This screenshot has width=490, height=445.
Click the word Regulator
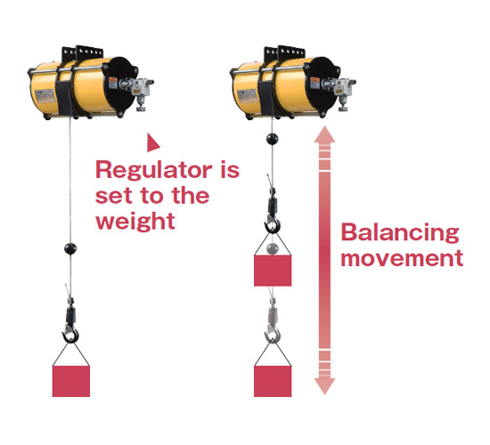pyautogui.click(x=154, y=171)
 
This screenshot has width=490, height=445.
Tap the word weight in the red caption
pyautogui.click(x=135, y=221)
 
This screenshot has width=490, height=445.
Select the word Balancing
pyautogui.click(x=400, y=233)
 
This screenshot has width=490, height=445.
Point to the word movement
pyautogui.click(x=402, y=258)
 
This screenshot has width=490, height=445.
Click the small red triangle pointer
pyautogui.click(x=153, y=142)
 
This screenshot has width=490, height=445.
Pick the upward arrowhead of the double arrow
pyautogui.click(x=324, y=134)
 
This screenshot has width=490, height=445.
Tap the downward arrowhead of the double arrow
pyautogui.click(x=324, y=386)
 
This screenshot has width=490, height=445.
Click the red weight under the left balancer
pyautogui.click(x=71, y=381)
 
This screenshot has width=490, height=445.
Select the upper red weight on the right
pyautogui.click(x=273, y=271)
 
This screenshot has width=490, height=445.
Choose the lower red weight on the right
pyautogui.click(x=273, y=381)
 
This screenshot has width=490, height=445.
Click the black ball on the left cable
pyautogui.click(x=70, y=249)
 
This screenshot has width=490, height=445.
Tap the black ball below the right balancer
pyautogui.click(x=273, y=139)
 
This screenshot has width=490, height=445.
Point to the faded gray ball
pyautogui.click(x=273, y=249)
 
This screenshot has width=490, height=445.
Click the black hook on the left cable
pyautogui.click(x=70, y=334)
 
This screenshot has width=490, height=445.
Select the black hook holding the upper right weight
pyautogui.click(x=273, y=223)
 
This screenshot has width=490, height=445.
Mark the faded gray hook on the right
pyautogui.click(x=273, y=334)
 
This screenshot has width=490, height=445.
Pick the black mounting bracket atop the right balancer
pyautogui.click(x=283, y=53)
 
